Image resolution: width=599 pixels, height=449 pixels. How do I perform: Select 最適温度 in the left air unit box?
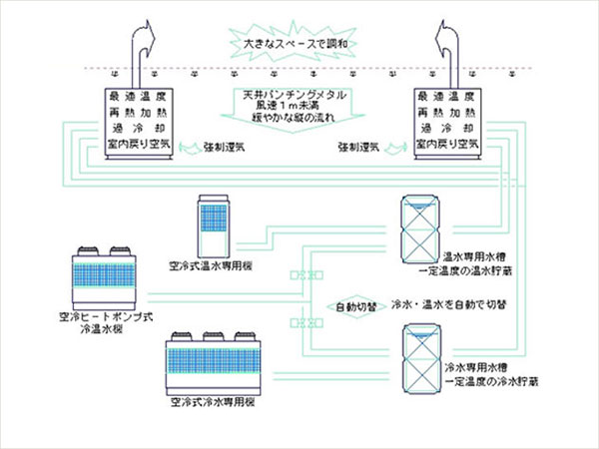click(x=144, y=97)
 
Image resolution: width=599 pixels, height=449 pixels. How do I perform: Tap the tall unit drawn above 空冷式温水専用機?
click(x=216, y=224)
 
